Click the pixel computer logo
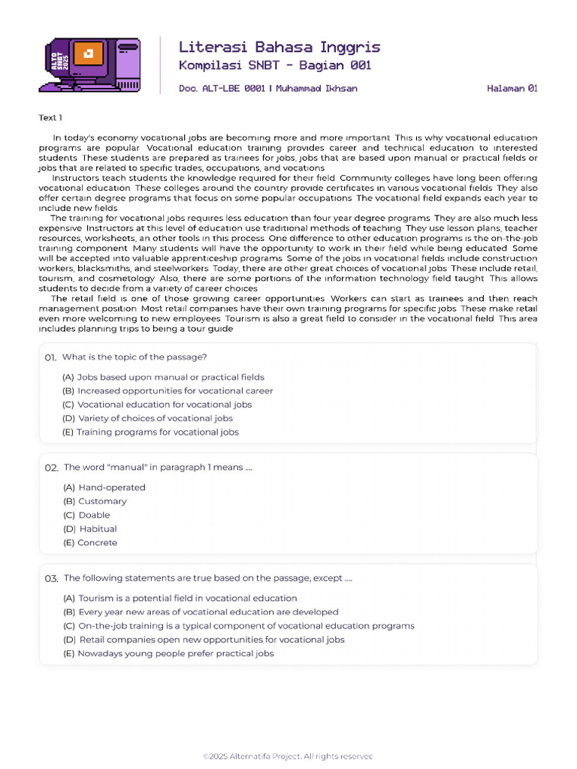point(89,64)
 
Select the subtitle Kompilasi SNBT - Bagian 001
point(274,65)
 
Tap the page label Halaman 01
point(512,89)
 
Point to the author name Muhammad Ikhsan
point(316,89)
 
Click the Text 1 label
point(50,118)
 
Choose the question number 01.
point(50,357)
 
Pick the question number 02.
point(51,467)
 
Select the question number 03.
point(51,578)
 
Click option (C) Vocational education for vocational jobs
point(157,405)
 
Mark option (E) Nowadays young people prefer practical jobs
point(168,653)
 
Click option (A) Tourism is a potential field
point(180,599)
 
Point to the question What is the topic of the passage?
point(134,357)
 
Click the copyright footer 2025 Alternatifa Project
point(288,756)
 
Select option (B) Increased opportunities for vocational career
point(168,391)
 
